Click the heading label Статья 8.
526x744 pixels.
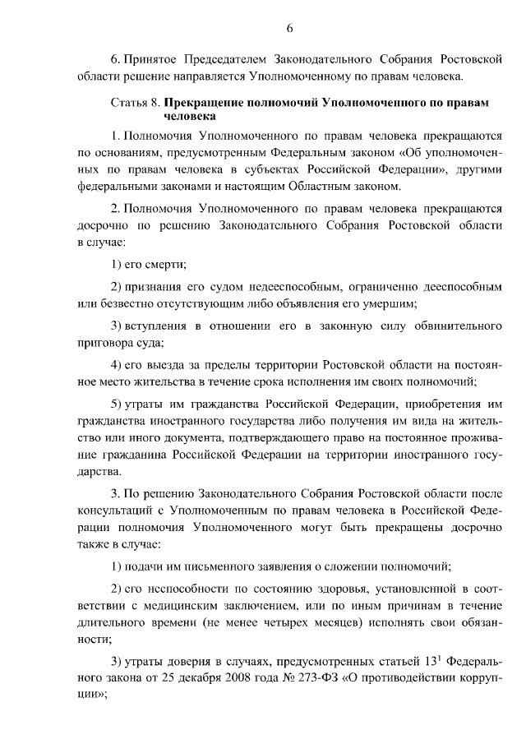coord(135,104)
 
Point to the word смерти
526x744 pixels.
coord(168,263)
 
